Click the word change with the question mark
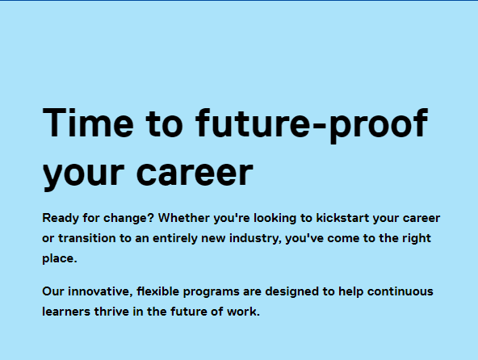click(134, 219)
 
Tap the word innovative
click(101, 291)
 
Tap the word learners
click(68, 312)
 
